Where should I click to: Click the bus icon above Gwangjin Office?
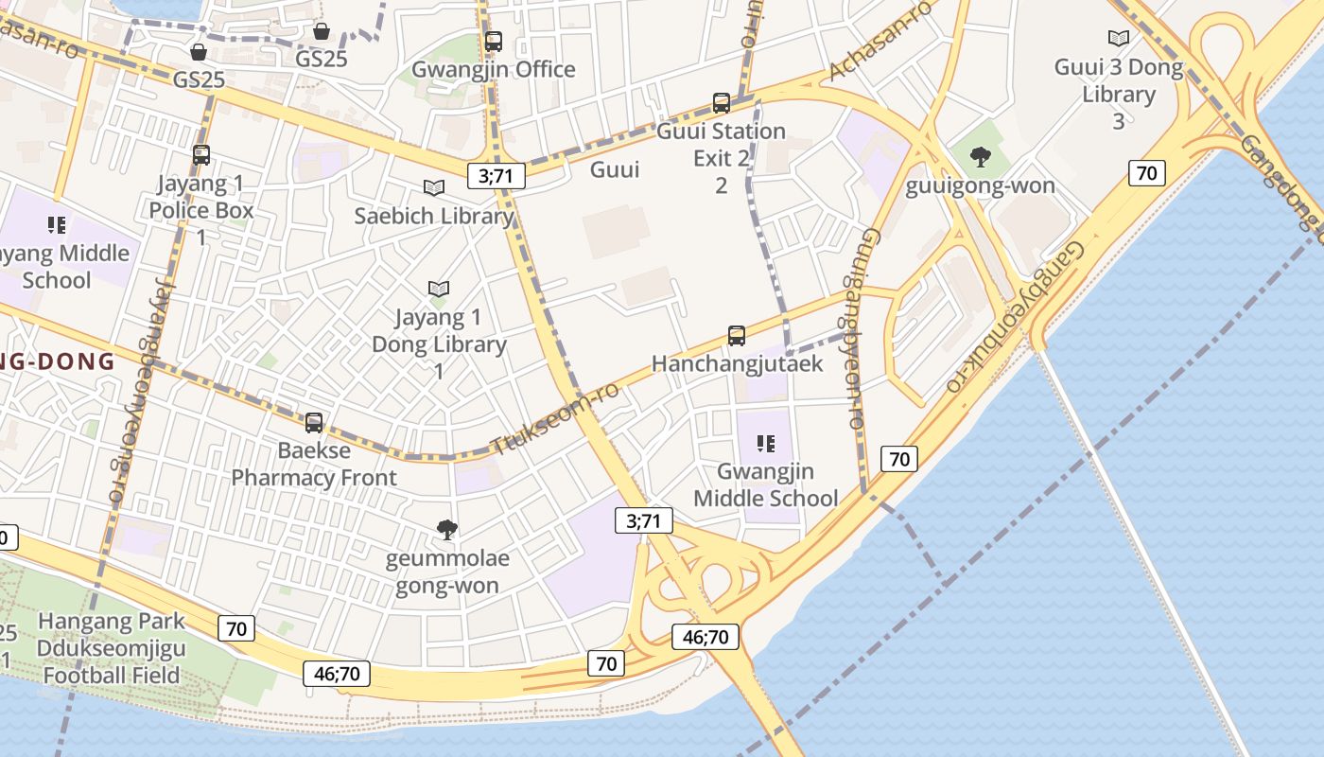point(493,42)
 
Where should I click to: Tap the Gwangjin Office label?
point(493,69)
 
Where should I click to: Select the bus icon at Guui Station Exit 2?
point(722,103)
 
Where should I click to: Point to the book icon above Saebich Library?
point(434,188)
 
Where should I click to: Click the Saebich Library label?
point(434,216)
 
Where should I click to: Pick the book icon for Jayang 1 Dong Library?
point(438,289)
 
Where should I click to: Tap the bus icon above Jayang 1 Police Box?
point(201,155)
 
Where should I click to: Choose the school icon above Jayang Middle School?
point(56,225)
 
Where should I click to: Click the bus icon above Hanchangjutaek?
point(737,336)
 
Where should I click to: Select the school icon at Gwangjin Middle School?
point(766,444)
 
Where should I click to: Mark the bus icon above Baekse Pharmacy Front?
point(314,423)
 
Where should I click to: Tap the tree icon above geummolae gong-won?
point(447,530)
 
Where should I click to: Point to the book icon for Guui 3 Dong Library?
point(1119,39)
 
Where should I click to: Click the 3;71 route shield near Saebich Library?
point(496,175)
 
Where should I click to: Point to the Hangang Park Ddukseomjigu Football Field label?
point(112,648)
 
